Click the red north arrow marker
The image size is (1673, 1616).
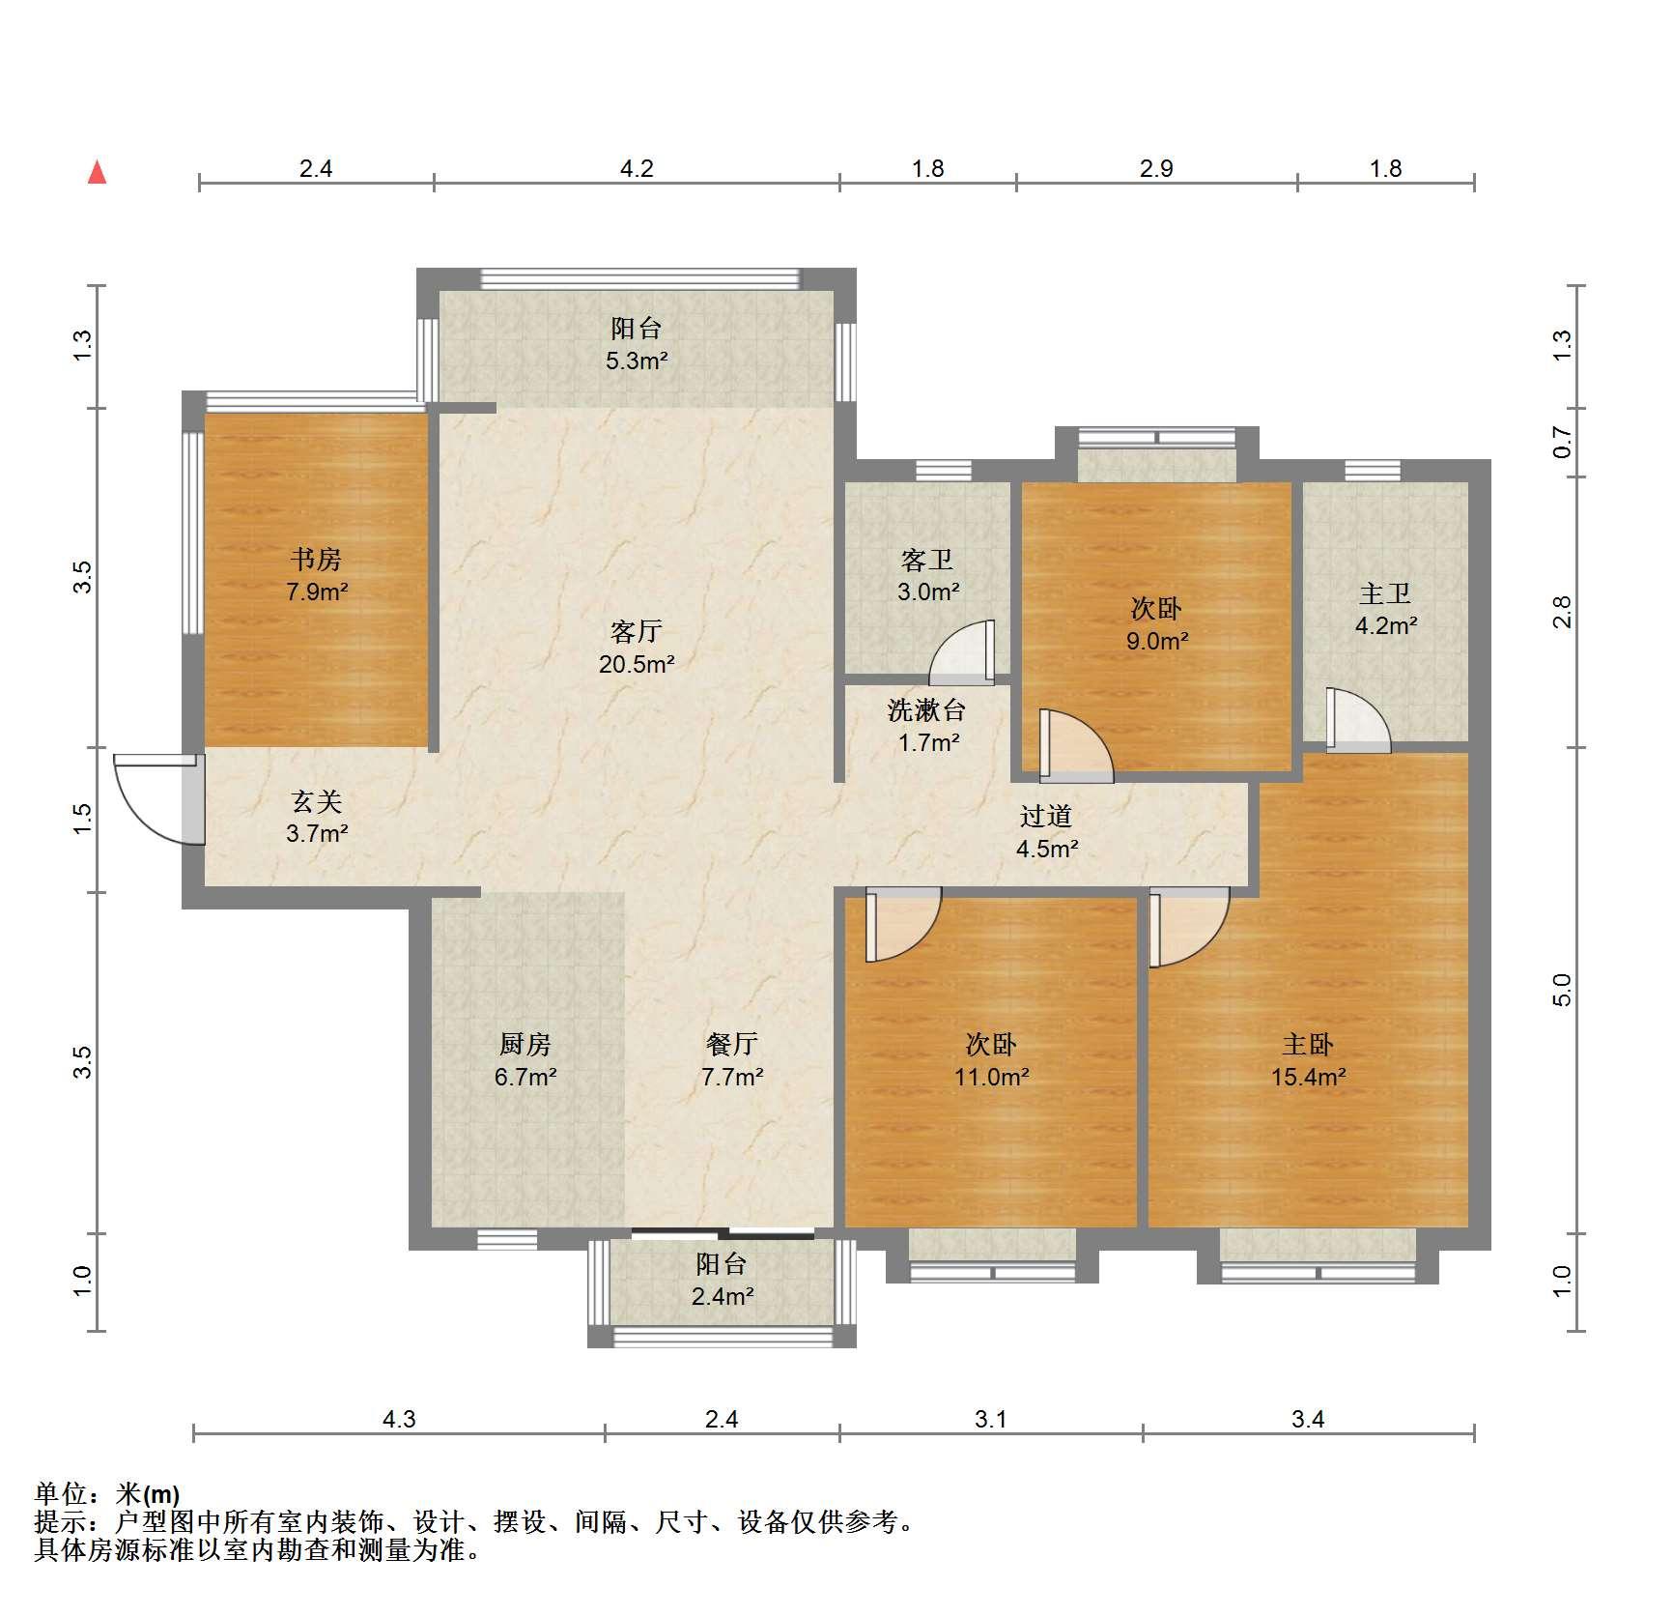97,172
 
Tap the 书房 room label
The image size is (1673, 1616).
316,560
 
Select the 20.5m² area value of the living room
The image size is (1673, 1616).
637,664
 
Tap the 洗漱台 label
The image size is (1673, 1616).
926,710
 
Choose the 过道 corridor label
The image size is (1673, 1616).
1046,817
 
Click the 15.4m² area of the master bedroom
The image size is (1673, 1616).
1309,1077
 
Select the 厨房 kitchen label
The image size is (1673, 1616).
525,1045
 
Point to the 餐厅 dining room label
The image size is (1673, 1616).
732,1045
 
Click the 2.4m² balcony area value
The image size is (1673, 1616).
723,1296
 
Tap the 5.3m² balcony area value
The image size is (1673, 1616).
638,361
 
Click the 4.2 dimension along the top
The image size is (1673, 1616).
637,169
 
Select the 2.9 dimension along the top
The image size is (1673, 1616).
1156,169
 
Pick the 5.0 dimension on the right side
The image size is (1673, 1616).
1563,990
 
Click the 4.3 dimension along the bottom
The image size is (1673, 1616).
399,1419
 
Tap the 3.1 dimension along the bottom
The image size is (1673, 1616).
991,1419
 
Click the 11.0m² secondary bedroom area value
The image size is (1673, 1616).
992,1077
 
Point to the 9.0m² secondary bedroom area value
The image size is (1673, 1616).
1157,641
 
